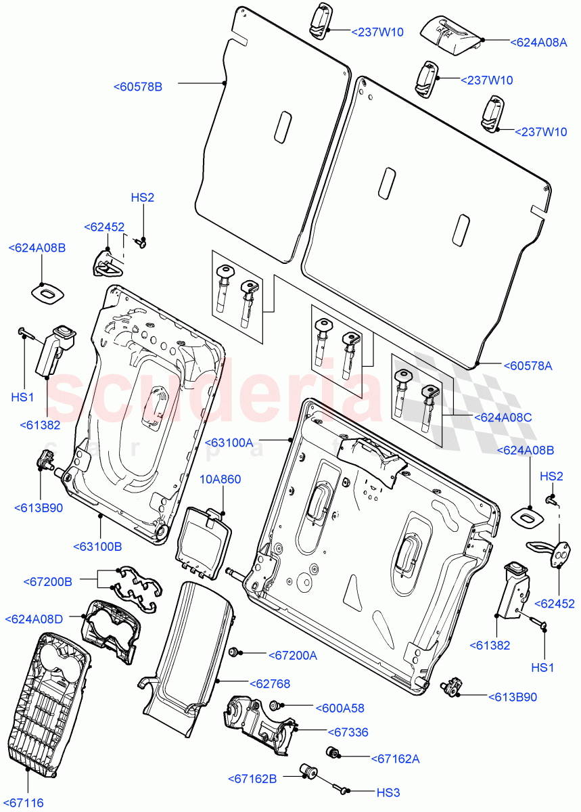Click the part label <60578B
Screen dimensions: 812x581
point(137,86)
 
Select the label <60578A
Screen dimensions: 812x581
point(528,366)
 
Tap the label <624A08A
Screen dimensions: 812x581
point(538,41)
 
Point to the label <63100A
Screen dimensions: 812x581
point(229,443)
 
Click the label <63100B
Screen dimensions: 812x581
point(97,545)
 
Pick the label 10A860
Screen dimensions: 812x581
point(220,479)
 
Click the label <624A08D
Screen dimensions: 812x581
point(34,619)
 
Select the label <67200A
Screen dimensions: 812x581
point(293,655)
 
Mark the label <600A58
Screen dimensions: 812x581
point(340,708)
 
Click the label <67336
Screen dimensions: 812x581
point(348,731)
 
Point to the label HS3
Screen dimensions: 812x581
point(388,792)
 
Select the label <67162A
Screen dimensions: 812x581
point(395,759)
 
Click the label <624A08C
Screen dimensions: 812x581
point(503,418)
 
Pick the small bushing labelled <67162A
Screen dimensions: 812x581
point(332,752)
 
